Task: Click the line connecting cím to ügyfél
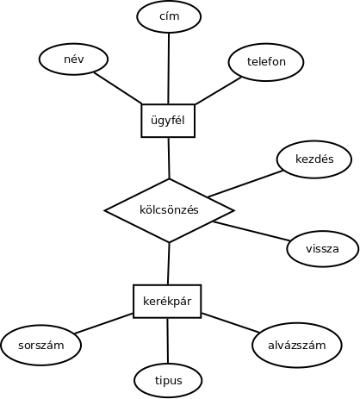[169, 69]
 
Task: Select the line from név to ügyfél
[118, 88]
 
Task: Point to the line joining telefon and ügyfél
[218, 90]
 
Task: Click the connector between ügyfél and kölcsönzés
[169, 158]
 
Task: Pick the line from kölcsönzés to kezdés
[245, 184]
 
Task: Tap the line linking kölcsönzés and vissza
[251, 231]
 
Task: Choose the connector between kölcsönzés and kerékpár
[169, 264]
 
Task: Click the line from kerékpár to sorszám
[104, 324]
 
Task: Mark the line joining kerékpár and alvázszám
[231, 323]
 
